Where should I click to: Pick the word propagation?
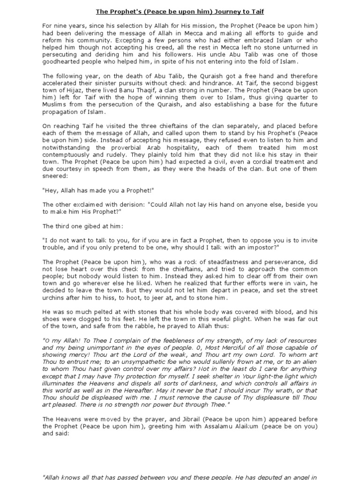tap(61, 112)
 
